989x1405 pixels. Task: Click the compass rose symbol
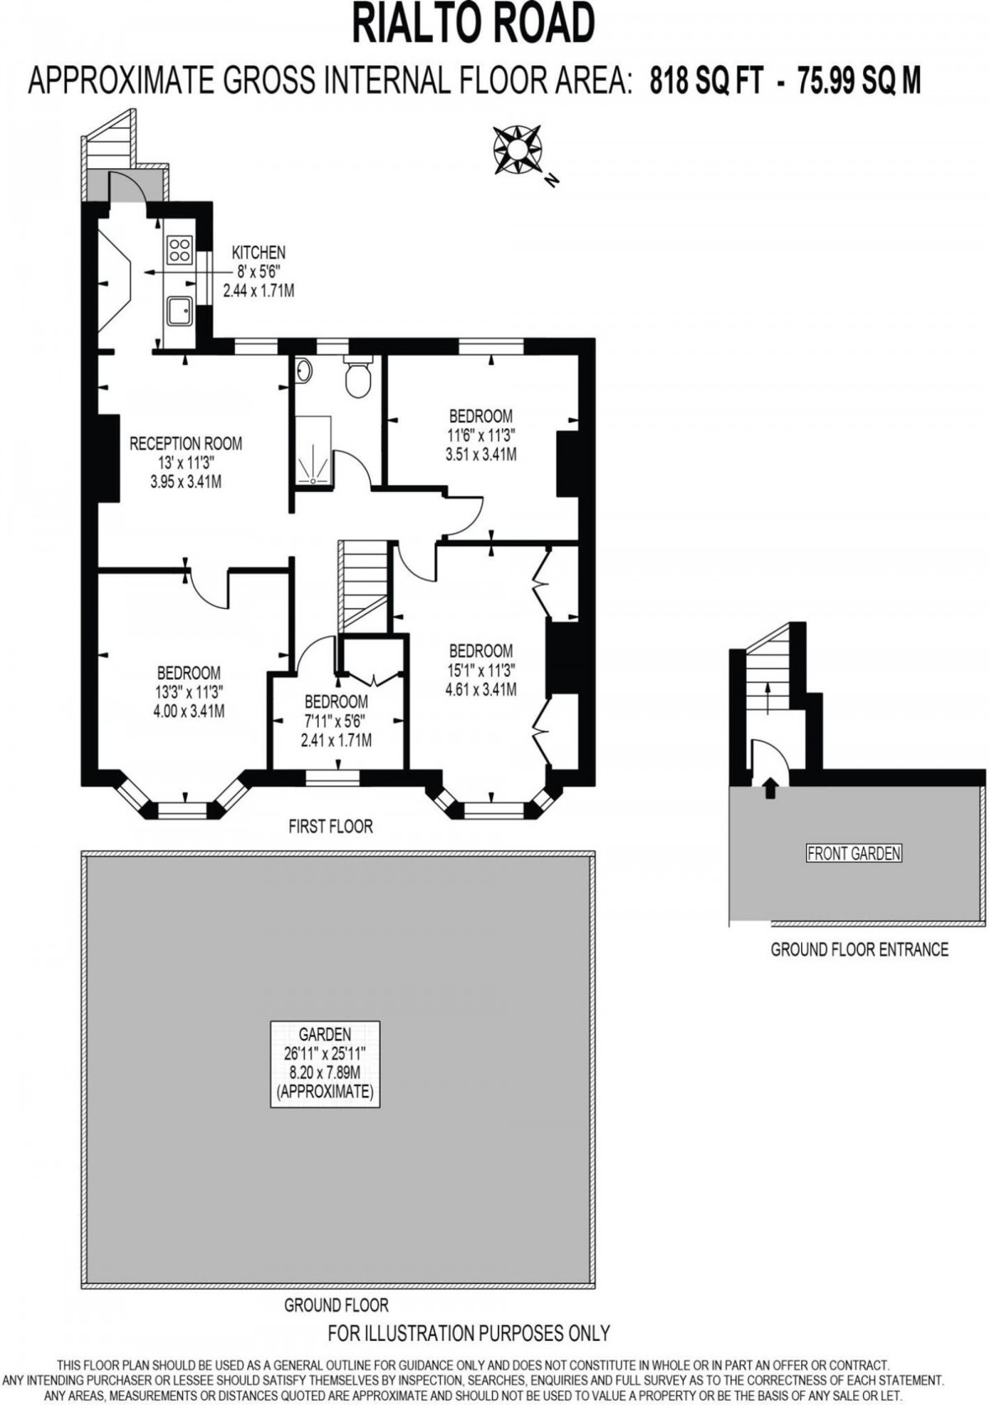click(x=518, y=150)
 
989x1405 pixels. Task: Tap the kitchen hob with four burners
click(x=180, y=250)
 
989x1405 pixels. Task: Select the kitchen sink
click(x=179, y=311)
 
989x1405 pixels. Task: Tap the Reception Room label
click(x=186, y=443)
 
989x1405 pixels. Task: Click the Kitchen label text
click(x=258, y=252)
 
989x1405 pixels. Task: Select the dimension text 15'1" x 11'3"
click(x=481, y=670)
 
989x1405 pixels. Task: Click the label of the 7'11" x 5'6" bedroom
click(x=336, y=702)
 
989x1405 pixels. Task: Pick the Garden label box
click(x=326, y=1063)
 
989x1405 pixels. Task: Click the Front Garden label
click(x=854, y=853)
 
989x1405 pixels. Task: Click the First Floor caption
click(x=330, y=826)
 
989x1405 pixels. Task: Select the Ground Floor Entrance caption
click(x=860, y=949)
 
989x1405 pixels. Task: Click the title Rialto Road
click(x=474, y=25)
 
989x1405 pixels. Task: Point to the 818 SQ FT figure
click(x=706, y=82)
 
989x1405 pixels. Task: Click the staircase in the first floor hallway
click(x=363, y=585)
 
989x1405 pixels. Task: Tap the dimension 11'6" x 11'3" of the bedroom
click(x=481, y=435)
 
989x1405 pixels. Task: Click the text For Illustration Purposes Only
click(x=469, y=1332)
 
